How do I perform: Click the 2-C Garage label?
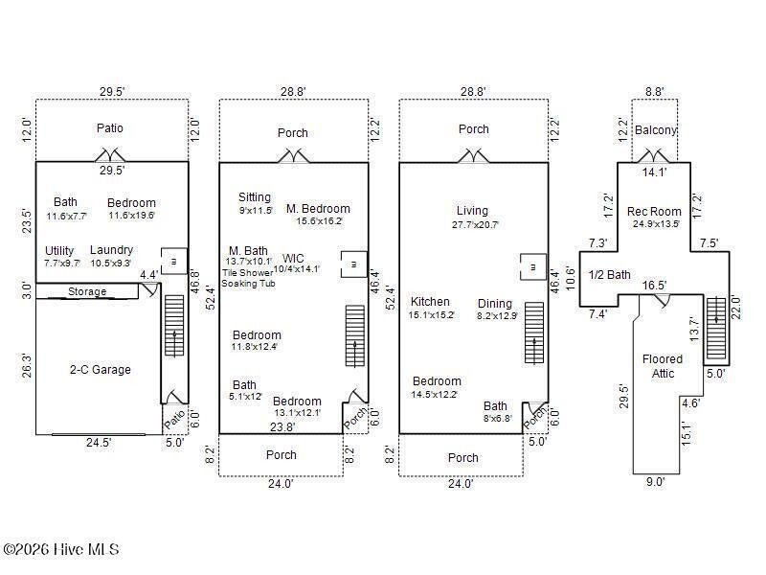coord(101,370)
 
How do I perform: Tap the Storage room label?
coord(87,291)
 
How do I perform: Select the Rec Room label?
coord(654,212)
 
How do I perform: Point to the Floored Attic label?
coord(663,366)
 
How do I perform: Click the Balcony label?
coord(656,130)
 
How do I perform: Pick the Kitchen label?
coord(430,302)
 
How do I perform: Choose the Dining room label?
coord(495,304)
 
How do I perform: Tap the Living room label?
coord(472,211)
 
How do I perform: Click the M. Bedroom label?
coord(318,209)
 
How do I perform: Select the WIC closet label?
coord(293,258)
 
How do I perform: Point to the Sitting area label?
coord(255,197)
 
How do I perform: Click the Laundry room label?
coord(111,250)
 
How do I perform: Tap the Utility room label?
coord(59,251)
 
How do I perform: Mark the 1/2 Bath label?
coord(610,275)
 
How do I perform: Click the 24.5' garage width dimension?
coord(99,443)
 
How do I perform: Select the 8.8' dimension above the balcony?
coord(655,91)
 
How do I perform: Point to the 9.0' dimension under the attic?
coord(655,482)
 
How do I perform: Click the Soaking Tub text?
coord(248,284)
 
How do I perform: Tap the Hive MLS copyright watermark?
coord(61,549)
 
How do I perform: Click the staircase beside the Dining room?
coord(534,333)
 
